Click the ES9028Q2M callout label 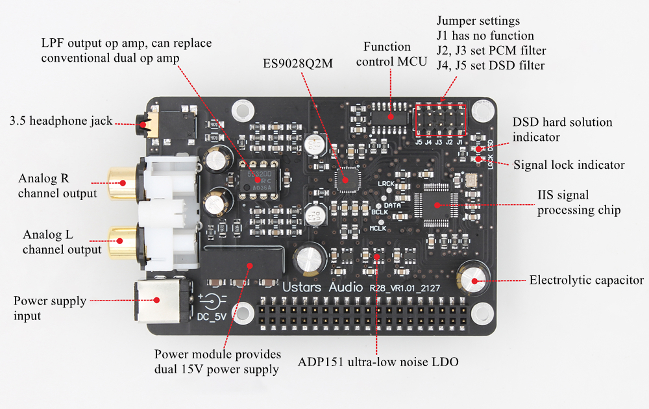click(x=302, y=65)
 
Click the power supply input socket click(x=158, y=299)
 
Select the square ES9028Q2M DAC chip click(x=345, y=180)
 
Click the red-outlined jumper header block click(x=441, y=120)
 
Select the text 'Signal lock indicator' click(x=569, y=165)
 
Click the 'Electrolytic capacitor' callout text click(x=587, y=280)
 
